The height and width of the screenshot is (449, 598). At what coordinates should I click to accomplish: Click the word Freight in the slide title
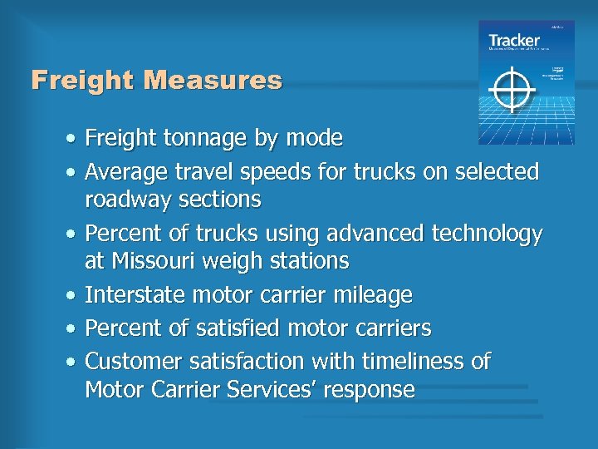point(84,81)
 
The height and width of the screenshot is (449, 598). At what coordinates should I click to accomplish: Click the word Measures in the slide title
point(213,81)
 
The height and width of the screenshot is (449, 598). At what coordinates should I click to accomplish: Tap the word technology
point(487,234)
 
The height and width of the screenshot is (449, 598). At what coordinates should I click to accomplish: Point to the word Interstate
point(135,294)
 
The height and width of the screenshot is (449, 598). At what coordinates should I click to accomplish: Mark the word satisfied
point(238,328)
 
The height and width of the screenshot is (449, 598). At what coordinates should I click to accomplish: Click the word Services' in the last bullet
point(246,389)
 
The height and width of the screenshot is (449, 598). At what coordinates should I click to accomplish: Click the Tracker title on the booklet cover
point(513,40)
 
